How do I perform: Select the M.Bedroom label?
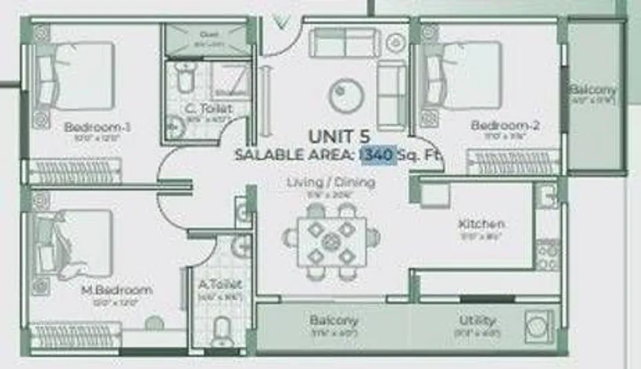coord(117,290)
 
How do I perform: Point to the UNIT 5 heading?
coord(339,137)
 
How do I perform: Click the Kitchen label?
coord(482,225)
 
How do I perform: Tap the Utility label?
coord(478,320)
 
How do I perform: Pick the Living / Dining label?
coord(330,183)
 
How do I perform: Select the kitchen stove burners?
coord(546,253)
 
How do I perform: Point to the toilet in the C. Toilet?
coord(184,77)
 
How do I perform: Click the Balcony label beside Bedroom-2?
coord(593,90)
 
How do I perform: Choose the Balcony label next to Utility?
coord(333,320)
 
